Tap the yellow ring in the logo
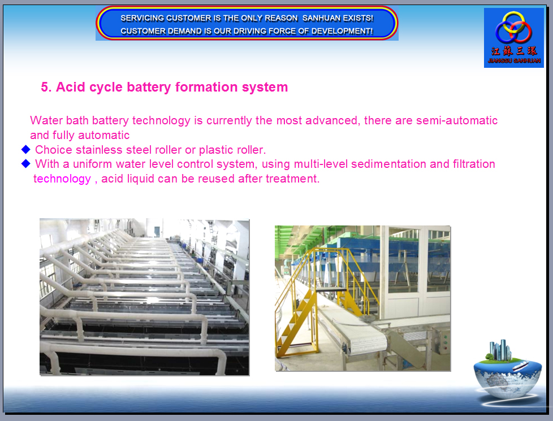coord(513,22)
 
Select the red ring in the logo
coord(521,32)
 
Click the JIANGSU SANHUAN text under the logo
coord(514,60)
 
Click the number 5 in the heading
coord(45,87)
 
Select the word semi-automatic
coord(457,120)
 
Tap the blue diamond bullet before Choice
coord(26,150)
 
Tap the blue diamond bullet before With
coord(26,164)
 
